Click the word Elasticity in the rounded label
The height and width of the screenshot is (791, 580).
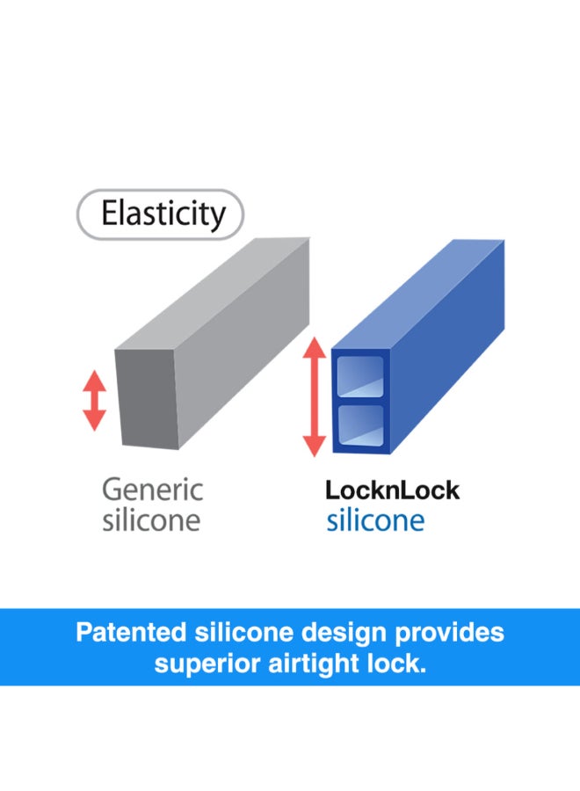163,214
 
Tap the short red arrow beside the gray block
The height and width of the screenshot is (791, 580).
94,401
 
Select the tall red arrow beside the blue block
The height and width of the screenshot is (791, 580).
315,396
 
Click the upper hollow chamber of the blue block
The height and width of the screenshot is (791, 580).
360,376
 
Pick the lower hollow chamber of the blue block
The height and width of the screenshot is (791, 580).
360,425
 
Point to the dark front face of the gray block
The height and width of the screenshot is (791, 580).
147,398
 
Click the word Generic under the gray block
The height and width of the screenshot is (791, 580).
152,490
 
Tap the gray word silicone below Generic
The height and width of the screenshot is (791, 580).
151,520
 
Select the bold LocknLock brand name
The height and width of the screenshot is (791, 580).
392,490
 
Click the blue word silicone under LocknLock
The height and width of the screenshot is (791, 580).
375,520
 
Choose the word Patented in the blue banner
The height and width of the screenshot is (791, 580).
131,633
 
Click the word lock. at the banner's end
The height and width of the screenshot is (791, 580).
396,664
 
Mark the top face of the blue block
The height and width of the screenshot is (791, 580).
418,294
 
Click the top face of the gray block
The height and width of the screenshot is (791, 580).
213,293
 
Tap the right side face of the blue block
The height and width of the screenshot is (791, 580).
447,347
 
